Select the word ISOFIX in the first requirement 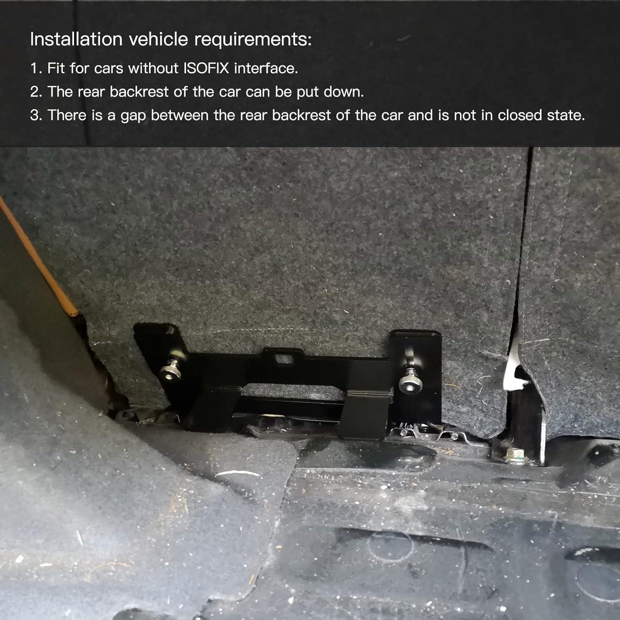(206, 68)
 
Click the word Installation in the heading (76, 40)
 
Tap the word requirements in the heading (253, 40)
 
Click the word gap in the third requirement (133, 116)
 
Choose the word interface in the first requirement (265, 68)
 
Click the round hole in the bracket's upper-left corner (170, 330)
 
